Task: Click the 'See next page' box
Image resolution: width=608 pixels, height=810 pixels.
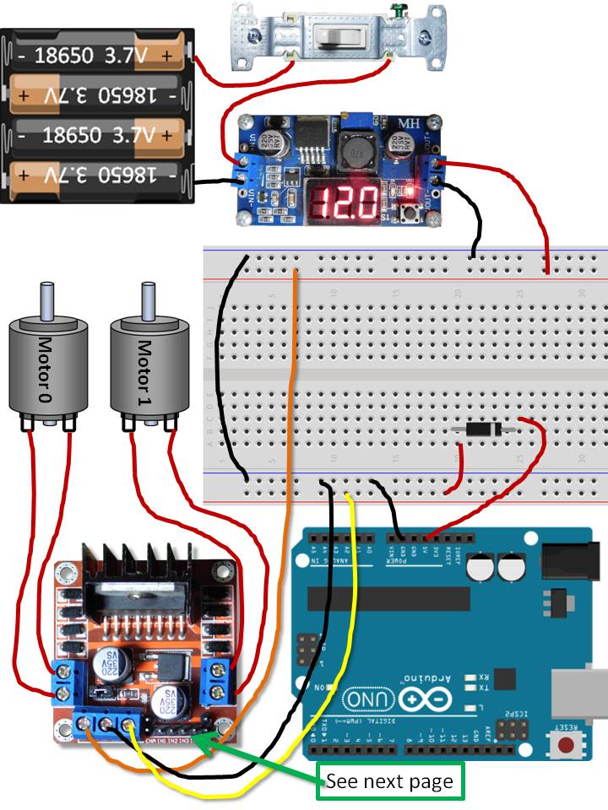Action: point(390,780)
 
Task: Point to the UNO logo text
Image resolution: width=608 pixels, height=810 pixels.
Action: point(368,699)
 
